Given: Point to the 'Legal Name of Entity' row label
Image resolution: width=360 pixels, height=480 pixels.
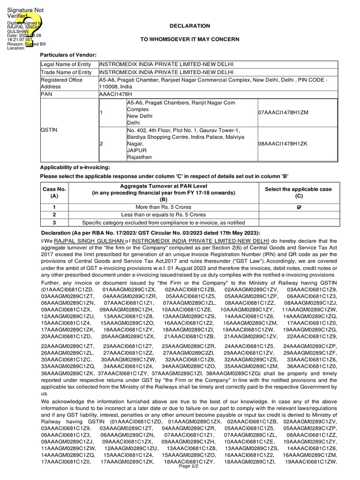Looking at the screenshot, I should point(66,64).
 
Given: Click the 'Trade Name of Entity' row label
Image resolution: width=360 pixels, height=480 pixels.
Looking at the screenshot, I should point(66,72).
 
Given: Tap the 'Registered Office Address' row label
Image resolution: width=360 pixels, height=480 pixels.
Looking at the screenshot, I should point(61,83).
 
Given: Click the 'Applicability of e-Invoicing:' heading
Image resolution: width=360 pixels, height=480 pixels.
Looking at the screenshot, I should point(76,167).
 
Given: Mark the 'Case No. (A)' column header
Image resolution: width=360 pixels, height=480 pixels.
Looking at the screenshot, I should point(54,193).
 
